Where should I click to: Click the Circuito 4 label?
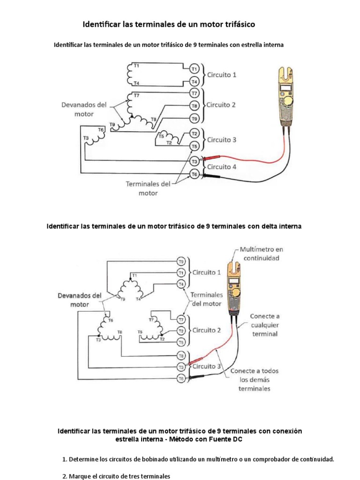point(222,166)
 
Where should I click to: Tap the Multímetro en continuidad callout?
point(262,254)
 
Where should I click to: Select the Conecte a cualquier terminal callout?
point(266,325)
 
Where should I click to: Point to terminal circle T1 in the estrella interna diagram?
point(194,68)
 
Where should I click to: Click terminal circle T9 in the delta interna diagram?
point(181,261)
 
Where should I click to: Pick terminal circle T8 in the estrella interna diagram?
point(194,105)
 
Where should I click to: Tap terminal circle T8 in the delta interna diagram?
point(181,356)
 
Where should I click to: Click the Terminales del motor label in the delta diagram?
point(206,299)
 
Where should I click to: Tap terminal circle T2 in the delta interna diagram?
point(181,330)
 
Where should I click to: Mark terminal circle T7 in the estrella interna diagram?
point(194,93)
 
